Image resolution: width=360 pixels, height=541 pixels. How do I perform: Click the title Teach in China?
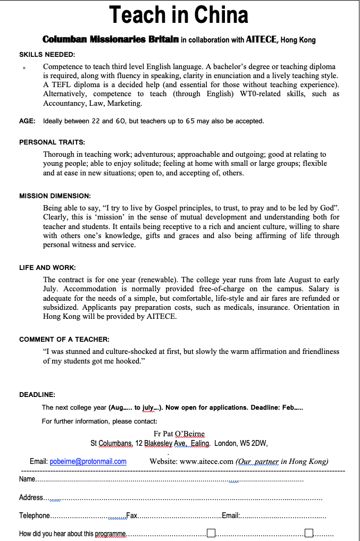tap(179, 15)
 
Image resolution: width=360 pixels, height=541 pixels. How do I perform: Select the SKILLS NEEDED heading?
tap(47, 54)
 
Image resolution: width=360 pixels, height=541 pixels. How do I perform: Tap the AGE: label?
tap(27, 121)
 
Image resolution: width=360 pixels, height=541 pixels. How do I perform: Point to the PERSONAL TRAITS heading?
tap(52, 142)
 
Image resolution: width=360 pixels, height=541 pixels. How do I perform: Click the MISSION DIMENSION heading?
tap(55, 196)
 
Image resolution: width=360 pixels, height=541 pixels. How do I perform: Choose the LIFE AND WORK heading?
tap(47, 267)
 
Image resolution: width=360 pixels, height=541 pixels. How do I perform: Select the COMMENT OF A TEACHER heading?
tap(64, 339)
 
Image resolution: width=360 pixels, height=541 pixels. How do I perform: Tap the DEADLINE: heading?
tap(37, 394)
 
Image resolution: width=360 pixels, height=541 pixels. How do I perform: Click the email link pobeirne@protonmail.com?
tap(88, 461)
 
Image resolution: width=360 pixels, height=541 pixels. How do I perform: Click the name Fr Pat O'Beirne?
tap(179, 434)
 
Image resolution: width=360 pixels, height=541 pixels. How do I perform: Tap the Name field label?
tap(27, 479)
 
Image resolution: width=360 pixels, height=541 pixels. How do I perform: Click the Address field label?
tap(31, 497)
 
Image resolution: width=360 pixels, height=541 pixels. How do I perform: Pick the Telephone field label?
tap(35, 515)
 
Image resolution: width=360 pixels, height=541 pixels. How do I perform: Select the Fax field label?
tap(131, 515)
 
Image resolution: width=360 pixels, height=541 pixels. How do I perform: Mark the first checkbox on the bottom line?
tap(211, 533)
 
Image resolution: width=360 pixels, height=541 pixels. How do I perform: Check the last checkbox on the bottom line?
tap(309, 533)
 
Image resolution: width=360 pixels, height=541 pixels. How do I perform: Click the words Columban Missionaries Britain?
tap(110, 39)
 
